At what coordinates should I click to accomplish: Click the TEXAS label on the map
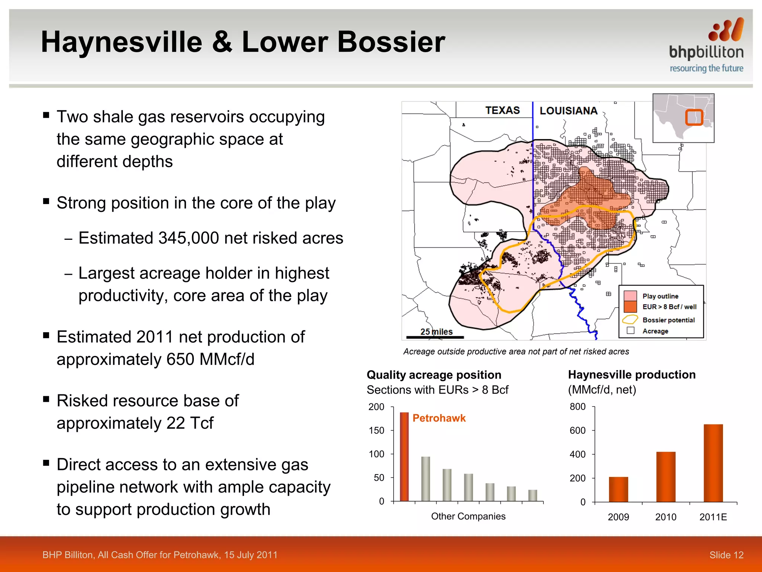click(x=502, y=110)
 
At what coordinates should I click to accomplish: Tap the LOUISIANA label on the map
click(x=568, y=111)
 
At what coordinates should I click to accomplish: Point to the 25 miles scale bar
click(x=435, y=337)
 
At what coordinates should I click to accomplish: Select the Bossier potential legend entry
click(x=668, y=320)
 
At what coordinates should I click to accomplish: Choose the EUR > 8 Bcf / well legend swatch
click(x=630, y=307)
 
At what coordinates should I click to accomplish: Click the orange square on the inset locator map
click(x=694, y=117)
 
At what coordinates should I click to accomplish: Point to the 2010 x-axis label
click(x=665, y=517)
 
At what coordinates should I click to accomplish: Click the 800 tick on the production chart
click(x=577, y=407)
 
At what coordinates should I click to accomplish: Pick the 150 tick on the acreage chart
click(x=376, y=430)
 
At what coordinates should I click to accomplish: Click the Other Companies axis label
click(x=468, y=516)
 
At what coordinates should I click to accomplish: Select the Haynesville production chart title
click(x=631, y=374)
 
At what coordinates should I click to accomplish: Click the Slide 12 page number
click(x=726, y=555)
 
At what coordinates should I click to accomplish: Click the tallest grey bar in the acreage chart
click(x=425, y=479)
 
